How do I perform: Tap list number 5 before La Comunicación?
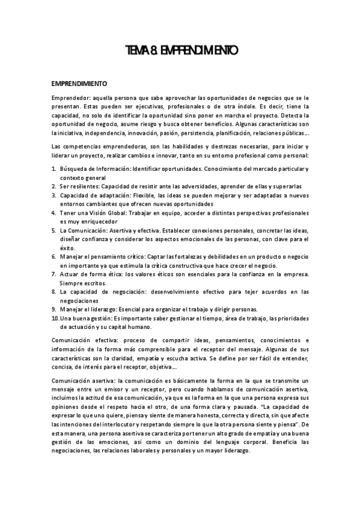point(53,230)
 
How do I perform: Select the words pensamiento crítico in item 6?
point(112,256)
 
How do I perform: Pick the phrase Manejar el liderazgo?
point(88,309)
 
